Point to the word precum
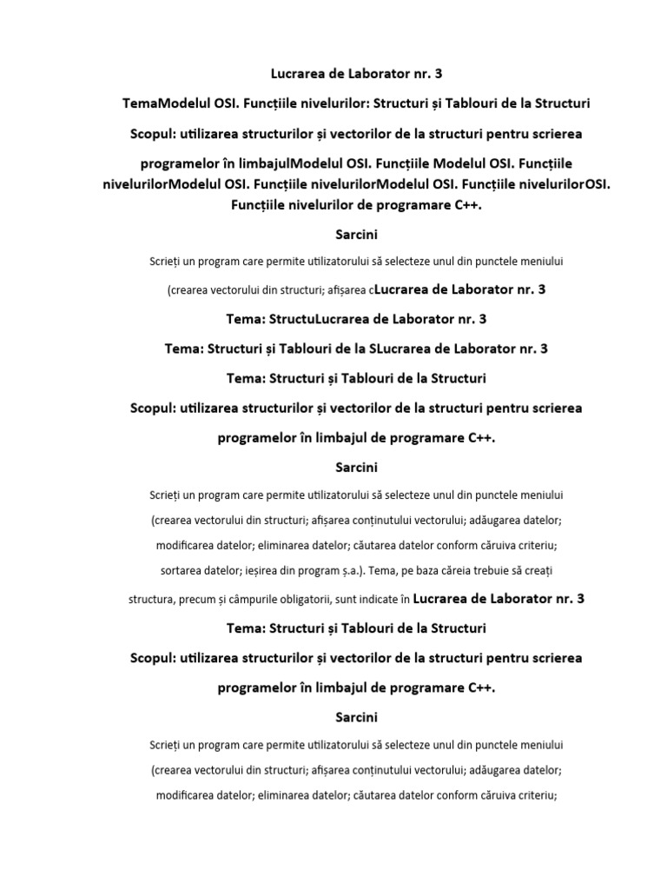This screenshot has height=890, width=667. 196,600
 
